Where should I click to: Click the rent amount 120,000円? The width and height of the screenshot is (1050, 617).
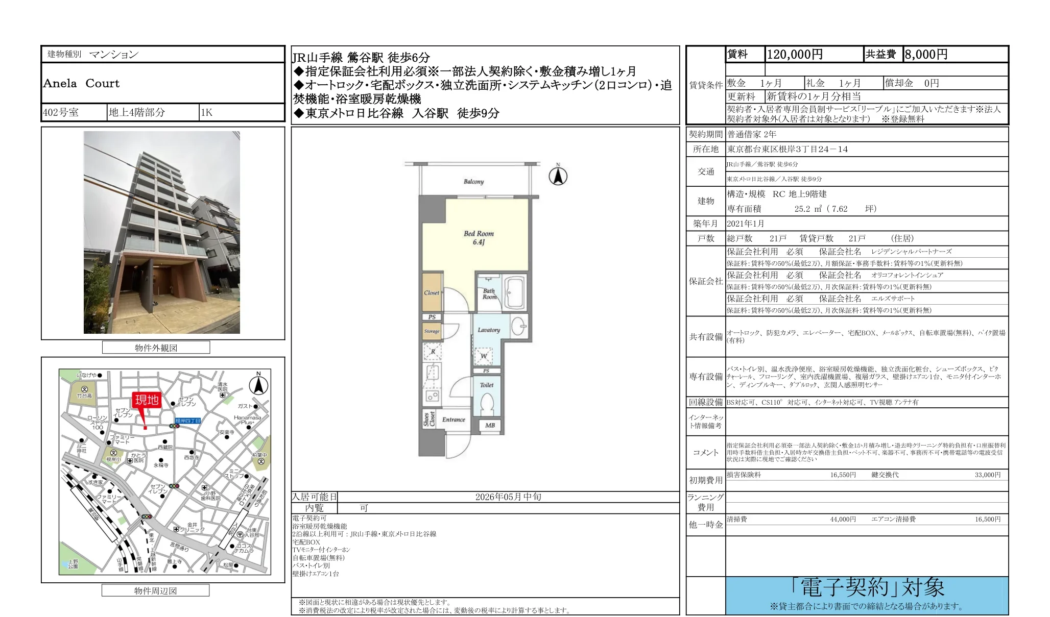[795, 55]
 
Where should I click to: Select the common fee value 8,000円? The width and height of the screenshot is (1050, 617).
[926, 55]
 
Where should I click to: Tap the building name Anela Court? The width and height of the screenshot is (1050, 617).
[81, 83]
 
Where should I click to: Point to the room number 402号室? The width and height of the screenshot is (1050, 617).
[61, 112]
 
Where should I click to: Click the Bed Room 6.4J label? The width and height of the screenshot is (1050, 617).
[479, 238]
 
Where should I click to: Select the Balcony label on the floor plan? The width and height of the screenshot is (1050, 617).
[473, 182]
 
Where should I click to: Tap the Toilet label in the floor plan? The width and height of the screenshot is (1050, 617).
[487, 385]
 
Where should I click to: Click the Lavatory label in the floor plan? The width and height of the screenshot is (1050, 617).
[489, 330]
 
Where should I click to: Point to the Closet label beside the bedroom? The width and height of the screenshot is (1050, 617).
[432, 293]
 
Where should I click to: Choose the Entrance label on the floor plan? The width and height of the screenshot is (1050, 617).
[454, 419]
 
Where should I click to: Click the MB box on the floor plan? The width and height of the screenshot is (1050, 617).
[490, 425]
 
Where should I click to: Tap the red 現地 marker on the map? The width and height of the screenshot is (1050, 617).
[147, 400]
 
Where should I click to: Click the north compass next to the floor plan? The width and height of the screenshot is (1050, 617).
[558, 176]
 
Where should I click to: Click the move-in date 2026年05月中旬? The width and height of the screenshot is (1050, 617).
[508, 497]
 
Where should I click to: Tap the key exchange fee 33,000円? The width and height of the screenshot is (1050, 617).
[987, 475]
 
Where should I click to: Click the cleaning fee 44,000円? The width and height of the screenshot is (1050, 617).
[843, 519]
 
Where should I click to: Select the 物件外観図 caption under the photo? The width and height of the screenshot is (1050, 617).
[156, 348]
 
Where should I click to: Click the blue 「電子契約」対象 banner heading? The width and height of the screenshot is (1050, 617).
[867, 588]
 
